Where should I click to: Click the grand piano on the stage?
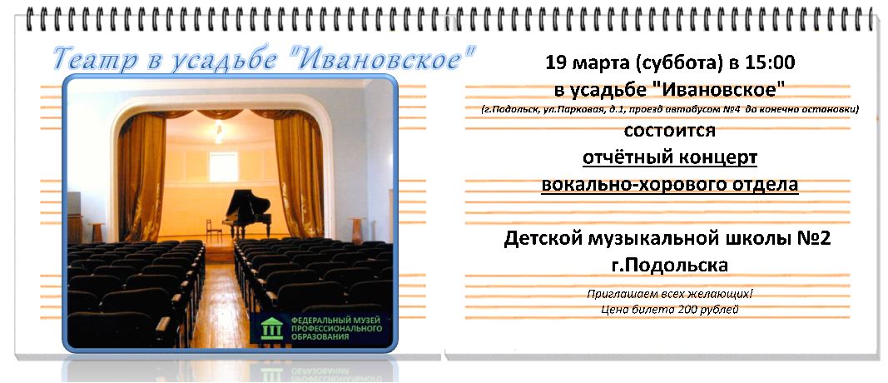(247, 213)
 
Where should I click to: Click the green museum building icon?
(271, 329)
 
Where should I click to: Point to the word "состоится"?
(669, 131)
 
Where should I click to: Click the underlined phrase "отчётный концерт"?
(670, 157)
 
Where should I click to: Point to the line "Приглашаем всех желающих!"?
(670, 294)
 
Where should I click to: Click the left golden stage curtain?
(141, 173)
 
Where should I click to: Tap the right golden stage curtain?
(297, 173)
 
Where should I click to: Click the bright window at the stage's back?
(223, 167)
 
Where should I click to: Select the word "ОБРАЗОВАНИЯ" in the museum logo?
(320, 337)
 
